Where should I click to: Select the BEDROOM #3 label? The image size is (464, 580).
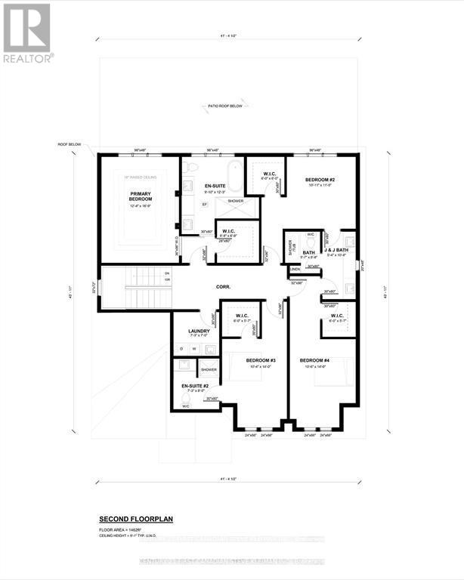tap(260, 361)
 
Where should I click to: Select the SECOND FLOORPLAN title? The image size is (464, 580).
tap(137, 520)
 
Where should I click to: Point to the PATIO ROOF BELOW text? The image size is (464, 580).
tap(226, 106)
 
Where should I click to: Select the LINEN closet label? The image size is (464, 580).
tap(295, 269)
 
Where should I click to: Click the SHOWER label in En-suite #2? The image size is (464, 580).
tap(209, 370)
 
